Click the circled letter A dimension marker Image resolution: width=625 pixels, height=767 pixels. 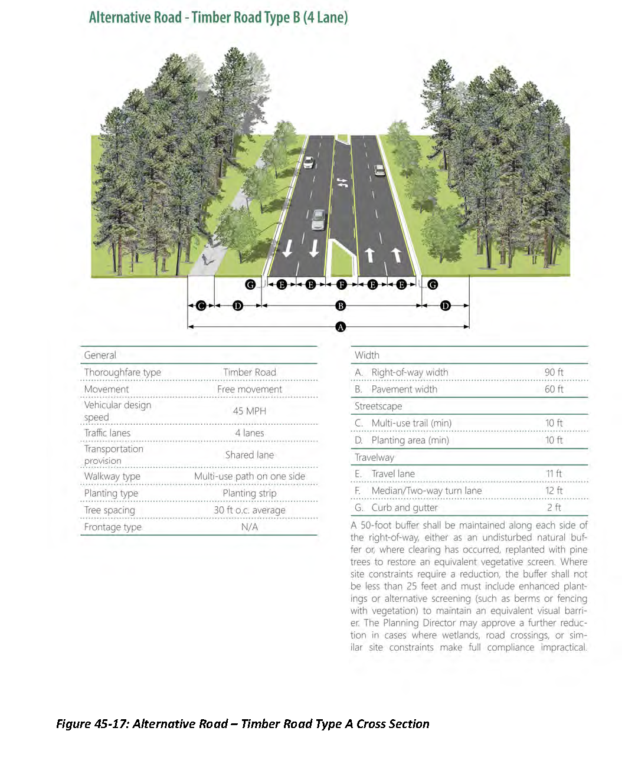tap(341, 326)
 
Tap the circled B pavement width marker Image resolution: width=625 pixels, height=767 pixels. tap(341, 306)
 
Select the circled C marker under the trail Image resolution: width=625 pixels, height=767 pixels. tap(201, 306)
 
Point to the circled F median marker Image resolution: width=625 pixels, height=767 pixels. tap(341, 284)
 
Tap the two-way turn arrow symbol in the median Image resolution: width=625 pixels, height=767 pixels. tap(342, 183)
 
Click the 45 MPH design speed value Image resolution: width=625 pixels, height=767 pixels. tap(249, 411)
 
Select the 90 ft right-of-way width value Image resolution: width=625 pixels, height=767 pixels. tap(554, 372)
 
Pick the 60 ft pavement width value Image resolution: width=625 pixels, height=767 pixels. tap(554, 389)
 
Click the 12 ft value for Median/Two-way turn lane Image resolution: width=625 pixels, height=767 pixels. tap(554, 491)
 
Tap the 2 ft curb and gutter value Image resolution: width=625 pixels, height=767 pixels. tap(554, 507)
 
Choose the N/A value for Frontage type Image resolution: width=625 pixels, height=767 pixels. tap(249, 527)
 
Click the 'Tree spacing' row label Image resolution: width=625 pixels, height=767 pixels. tap(110, 510)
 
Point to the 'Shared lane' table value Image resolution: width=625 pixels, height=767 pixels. tap(249, 455)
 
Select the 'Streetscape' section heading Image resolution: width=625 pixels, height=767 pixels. tap(378, 406)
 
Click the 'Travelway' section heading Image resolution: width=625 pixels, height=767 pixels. tap(374, 457)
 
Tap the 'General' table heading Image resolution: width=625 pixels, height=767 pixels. tap(100, 355)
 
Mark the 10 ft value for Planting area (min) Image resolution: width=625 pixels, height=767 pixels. tap(554, 440)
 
